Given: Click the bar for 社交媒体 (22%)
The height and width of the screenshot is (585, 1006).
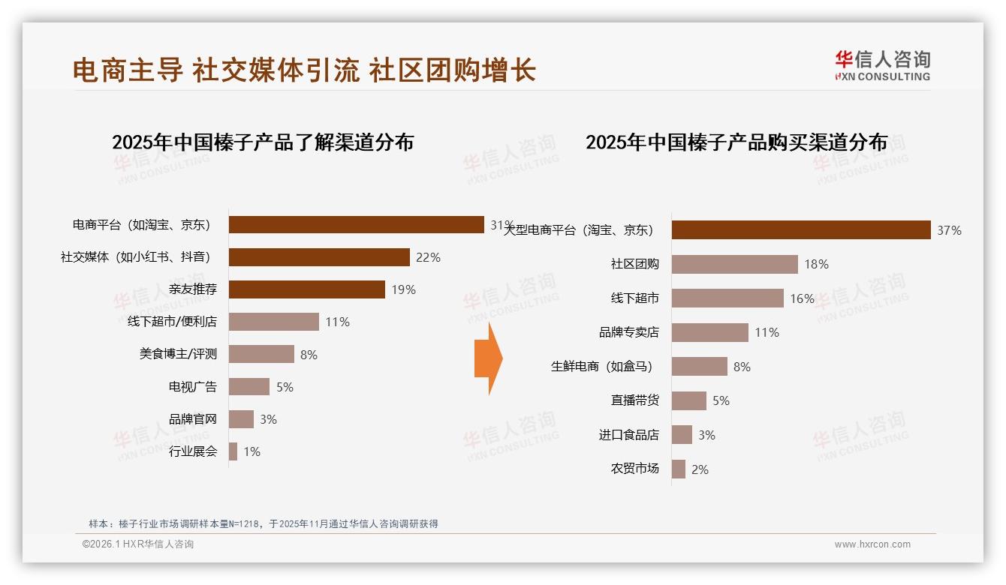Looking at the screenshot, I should coord(319,257).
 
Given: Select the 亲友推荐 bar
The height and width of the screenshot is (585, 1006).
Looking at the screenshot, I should coord(306,289).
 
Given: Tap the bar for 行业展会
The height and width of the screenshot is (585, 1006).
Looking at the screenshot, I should coord(233,451).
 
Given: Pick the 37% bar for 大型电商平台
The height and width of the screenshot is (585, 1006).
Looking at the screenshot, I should coord(801,230).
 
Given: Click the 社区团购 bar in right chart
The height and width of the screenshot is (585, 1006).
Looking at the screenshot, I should coord(734,264).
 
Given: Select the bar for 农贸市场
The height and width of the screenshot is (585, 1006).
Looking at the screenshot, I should coord(679,469).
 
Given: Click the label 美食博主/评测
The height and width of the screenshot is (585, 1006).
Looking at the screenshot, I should coord(178,354).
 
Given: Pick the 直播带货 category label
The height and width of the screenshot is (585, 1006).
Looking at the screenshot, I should coord(634,400).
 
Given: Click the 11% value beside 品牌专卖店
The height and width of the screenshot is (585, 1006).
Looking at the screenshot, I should coord(767,332).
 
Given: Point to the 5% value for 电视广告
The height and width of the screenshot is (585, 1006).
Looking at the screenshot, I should coord(285,387).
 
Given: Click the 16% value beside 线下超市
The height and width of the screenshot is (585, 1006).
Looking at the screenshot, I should coord(802,298).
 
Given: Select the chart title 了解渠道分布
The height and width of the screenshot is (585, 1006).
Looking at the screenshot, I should coord(263,142).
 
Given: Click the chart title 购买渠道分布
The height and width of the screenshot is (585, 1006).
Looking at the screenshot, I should coord(736,142).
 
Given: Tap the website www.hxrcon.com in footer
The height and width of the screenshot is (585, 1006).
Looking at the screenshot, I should coord(872,544).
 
